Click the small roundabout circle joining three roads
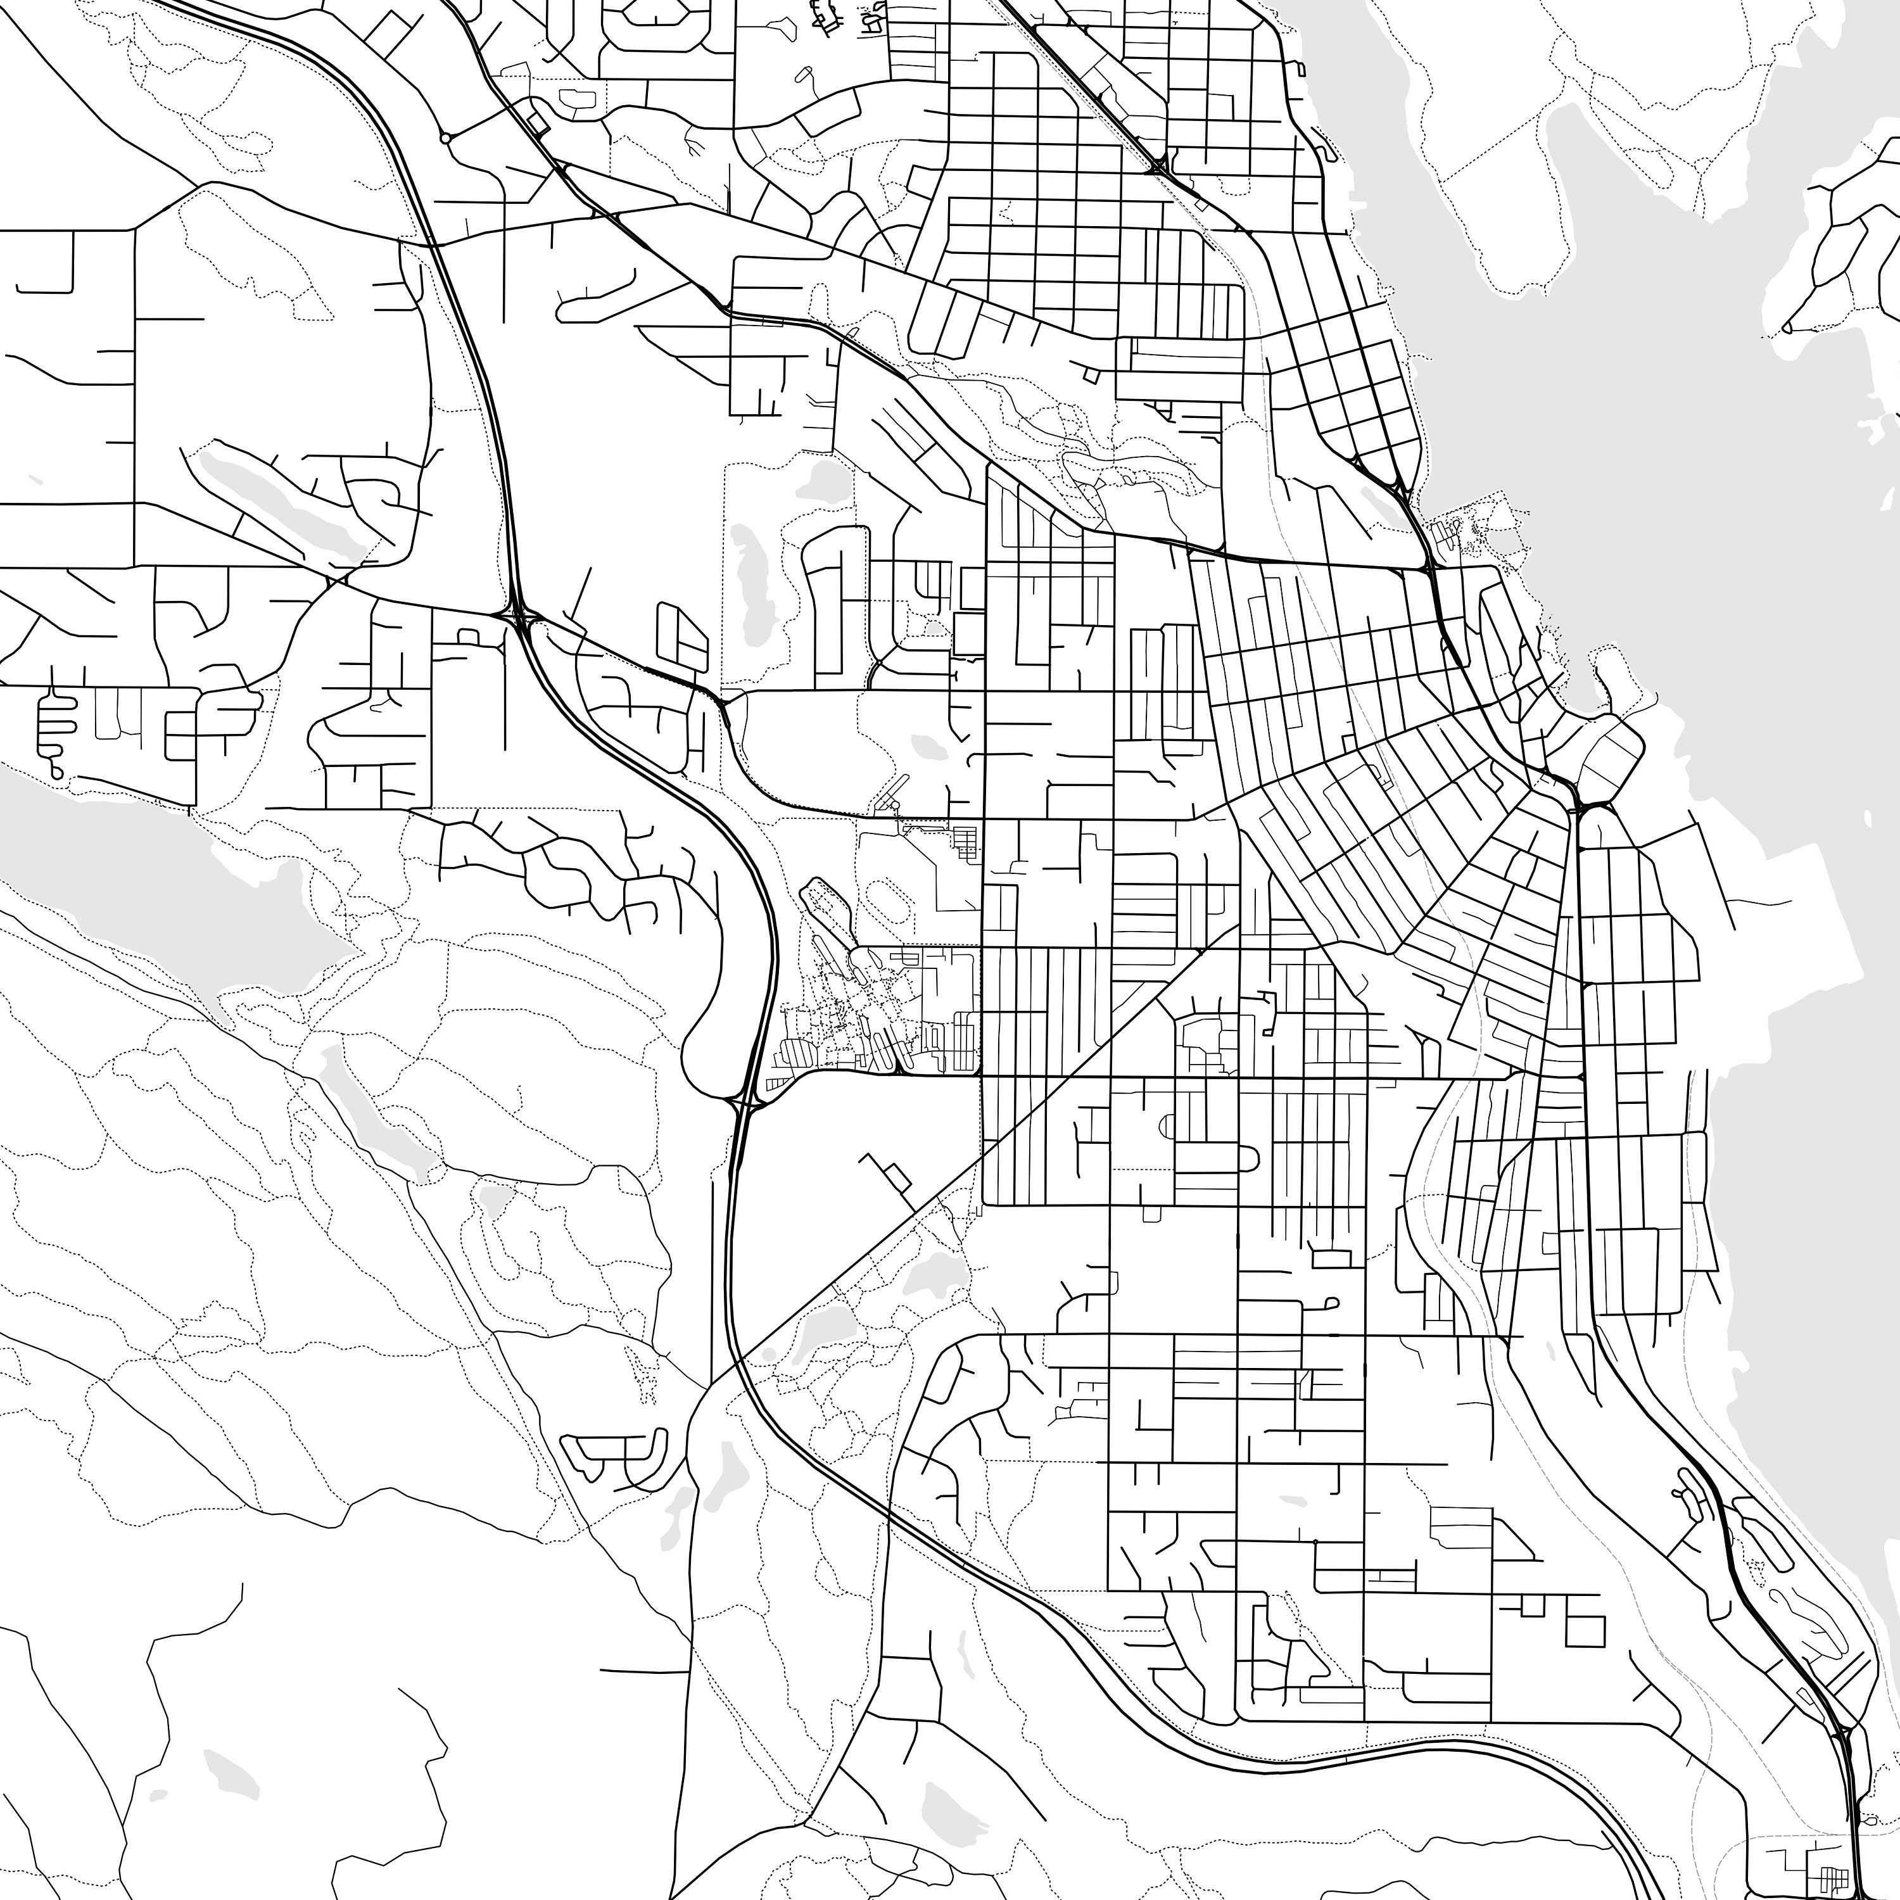pyautogui.click(x=445, y=139)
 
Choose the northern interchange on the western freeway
pyautogui.click(x=519, y=617)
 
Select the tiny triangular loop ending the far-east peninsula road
pyautogui.click(x=1787, y=327)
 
